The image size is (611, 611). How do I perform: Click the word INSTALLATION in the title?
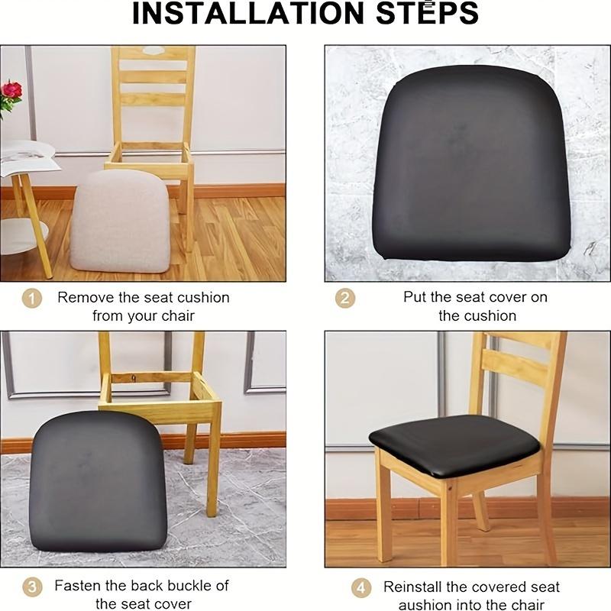point(245,13)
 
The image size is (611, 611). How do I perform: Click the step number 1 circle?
point(31,298)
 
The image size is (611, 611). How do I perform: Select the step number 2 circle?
point(345,298)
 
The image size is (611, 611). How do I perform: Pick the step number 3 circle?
point(31,587)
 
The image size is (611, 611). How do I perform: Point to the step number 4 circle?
point(361,587)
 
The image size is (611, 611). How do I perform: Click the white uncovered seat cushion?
point(121,221)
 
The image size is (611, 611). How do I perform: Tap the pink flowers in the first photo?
point(11,92)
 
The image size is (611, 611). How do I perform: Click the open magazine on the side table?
point(27,157)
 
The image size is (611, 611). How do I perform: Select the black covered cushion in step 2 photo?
point(471,164)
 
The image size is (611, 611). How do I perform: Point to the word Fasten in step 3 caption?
point(79,586)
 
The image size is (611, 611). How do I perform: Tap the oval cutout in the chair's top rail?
point(154,50)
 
